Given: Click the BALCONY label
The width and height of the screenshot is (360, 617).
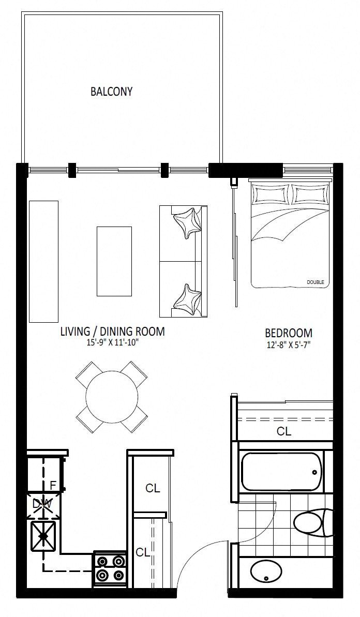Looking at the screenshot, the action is pyautogui.click(x=111, y=92).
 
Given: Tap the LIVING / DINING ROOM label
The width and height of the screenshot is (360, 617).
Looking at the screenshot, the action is pyautogui.click(x=113, y=332).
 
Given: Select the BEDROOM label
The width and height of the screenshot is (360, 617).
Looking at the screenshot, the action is pyautogui.click(x=289, y=333).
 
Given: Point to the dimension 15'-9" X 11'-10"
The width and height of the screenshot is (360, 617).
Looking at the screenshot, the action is pyautogui.click(x=113, y=343).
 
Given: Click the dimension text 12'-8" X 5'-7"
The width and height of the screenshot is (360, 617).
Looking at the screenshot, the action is pyautogui.click(x=289, y=346).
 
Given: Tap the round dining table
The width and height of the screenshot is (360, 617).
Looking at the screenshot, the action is pyautogui.click(x=112, y=397).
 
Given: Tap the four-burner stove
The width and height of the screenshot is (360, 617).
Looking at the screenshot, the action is pyautogui.click(x=110, y=568).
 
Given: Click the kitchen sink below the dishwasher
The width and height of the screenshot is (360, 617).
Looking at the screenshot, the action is pyautogui.click(x=43, y=536).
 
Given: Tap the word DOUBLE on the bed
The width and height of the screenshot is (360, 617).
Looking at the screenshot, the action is pyautogui.click(x=315, y=282).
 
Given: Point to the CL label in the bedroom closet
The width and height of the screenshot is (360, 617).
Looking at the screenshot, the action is pyautogui.click(x=284, y=432).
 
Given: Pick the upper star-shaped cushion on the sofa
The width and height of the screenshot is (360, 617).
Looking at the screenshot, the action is pyautogui.click(x=187, y=221).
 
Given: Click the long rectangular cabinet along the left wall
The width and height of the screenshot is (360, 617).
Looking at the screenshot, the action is pyautogui.click(x=43, y=261).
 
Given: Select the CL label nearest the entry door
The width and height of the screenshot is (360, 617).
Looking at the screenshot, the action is pyautogui.click(x=143, y=552).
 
